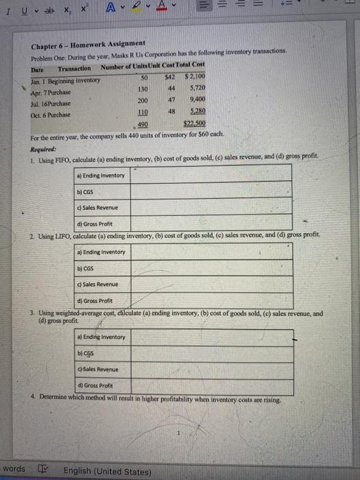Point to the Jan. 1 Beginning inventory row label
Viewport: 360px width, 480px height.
66,80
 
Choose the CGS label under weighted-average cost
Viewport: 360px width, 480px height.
87,353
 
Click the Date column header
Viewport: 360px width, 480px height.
38,69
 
